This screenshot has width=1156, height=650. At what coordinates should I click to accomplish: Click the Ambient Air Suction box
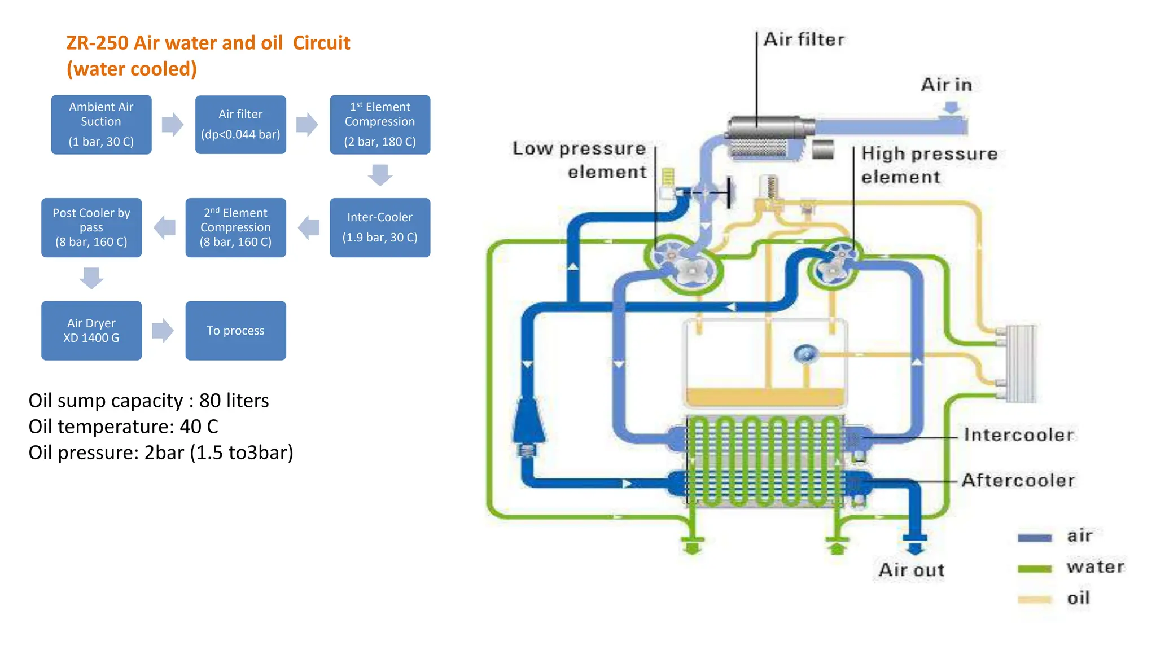101,124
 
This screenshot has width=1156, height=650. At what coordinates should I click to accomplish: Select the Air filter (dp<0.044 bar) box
240,124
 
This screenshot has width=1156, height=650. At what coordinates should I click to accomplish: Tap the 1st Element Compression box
380,124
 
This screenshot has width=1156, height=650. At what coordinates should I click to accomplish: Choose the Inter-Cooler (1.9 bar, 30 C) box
380,227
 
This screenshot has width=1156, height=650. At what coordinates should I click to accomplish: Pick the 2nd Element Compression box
235,227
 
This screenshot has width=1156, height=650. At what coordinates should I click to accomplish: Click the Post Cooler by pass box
91,227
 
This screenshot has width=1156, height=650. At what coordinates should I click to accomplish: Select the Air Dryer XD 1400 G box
91,330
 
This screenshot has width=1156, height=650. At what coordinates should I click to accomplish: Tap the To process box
235,330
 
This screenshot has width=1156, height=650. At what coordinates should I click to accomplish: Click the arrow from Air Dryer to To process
163,330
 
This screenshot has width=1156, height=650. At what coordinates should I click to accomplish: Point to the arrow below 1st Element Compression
380,174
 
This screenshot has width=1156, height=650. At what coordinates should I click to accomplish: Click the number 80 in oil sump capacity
210,401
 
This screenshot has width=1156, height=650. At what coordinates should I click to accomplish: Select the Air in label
946,85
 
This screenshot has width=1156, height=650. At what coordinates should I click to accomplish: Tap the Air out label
911,570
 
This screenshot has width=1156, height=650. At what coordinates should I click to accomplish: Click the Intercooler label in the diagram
1018,434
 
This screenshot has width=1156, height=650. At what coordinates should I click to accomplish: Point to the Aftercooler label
1018,480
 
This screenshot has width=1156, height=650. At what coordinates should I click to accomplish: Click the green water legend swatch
1034,569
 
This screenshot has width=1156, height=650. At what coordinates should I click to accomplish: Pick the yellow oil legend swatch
1034,600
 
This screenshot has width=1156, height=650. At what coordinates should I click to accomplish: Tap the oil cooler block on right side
1021,364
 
